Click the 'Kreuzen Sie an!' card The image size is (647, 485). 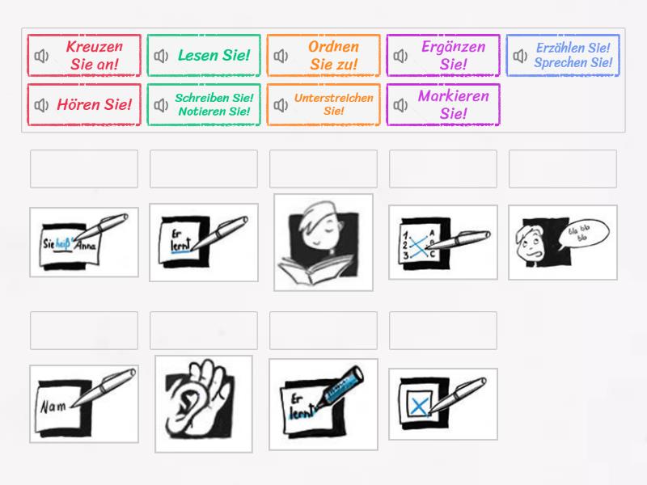[84, 56]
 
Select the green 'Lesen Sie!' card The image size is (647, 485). [204, 56]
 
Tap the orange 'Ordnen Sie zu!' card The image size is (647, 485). [323, 56]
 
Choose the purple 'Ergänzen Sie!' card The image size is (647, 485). [443, 56]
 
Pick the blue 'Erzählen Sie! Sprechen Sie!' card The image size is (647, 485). [563, 56]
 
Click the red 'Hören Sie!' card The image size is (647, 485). [84, 105]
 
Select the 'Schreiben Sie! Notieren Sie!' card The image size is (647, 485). [204, 105]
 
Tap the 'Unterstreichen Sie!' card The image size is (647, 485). [323, 105]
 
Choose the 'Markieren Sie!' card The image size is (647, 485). [443, 105]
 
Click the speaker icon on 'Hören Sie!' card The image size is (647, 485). [42, 105]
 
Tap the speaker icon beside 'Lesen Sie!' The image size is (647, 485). [162, 56]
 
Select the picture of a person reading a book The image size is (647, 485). [323, 242]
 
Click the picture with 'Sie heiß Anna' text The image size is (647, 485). [84, 242]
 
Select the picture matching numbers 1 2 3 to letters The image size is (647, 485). [443, 242]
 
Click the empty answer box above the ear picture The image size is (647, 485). [204, 330]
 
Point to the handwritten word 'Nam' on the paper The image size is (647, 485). [53, 407]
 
